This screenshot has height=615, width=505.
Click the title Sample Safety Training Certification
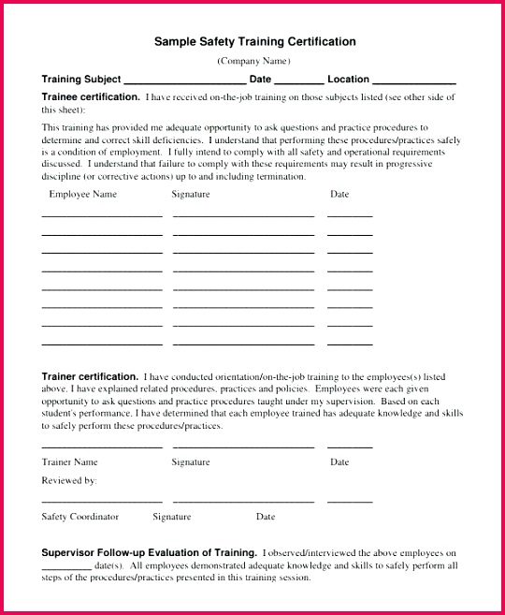254,42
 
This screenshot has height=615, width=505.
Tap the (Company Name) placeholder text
253,61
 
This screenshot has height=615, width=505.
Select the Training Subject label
80,80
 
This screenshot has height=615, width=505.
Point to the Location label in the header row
348,80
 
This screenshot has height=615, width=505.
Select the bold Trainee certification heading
91,96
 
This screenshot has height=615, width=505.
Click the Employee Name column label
82,195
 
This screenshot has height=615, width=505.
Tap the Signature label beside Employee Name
191,195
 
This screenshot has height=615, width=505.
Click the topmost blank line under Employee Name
101,216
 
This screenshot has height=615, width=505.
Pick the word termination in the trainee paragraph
280,176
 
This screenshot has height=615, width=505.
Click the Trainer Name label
69,462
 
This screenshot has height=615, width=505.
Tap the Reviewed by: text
68,480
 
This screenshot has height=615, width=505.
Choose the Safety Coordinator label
79,517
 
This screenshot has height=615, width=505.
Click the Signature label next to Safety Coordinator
171,517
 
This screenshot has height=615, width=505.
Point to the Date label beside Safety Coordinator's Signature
266,517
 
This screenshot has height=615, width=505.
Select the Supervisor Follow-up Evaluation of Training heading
150,553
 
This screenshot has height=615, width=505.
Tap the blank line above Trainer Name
101,447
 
